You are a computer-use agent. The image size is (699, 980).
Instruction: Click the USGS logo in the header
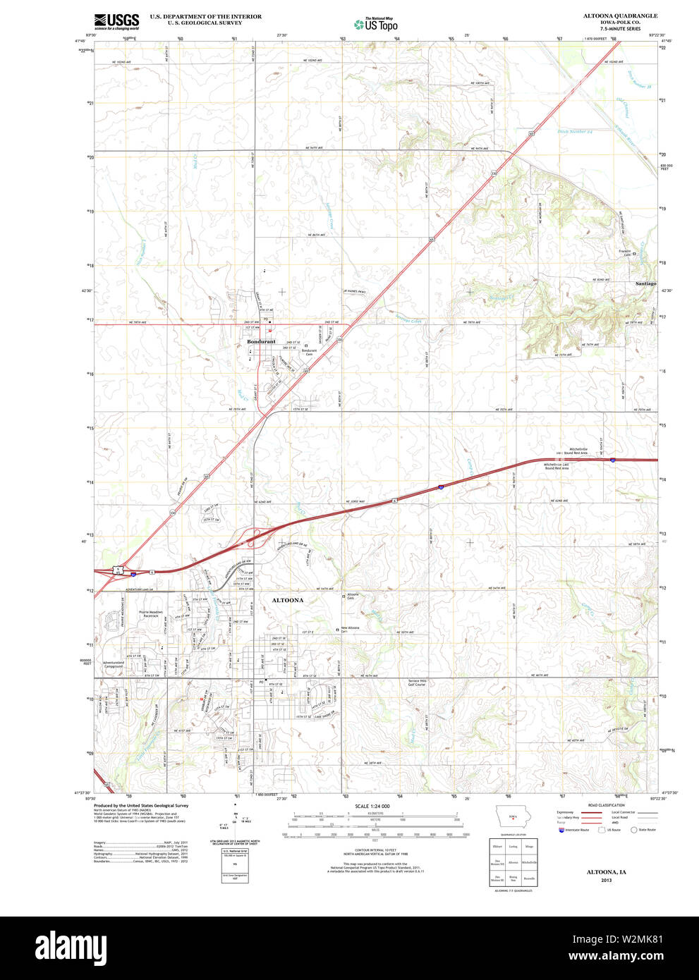point(116,21)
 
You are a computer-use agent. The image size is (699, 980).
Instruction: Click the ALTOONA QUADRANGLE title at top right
point(620,16)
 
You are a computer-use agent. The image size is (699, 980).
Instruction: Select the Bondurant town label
point(262,342)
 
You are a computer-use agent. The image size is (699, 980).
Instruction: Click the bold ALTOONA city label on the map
point(288,601)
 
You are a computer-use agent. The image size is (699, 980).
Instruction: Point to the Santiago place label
point(645,283)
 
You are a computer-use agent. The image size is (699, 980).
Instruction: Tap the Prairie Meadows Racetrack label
point(150,614)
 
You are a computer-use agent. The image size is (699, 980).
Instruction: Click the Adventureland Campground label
point(113,664)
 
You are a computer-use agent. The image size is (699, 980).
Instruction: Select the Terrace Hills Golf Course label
point(417,682)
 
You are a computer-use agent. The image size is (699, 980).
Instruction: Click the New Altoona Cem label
point(351,630)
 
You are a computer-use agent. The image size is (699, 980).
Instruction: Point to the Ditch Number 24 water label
point(575,132)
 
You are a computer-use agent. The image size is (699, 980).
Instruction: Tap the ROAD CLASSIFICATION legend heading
point(606,805)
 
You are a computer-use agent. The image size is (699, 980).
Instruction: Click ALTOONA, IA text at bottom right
point(606,872)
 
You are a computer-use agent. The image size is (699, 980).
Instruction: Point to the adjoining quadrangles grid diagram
point(513,862)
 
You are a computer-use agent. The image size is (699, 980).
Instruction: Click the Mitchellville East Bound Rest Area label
point(557,466)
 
